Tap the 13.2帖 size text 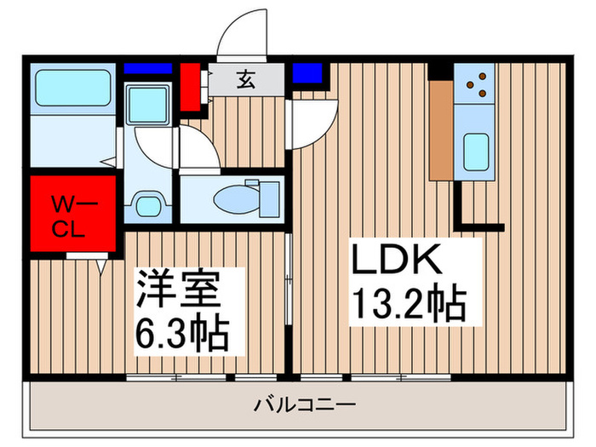click(407, 304)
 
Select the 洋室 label click(179, 289)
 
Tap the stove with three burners click(475, 83)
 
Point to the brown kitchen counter click(440, 129)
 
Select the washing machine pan click(150, 105)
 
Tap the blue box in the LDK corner click(303, 72)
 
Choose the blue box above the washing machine click(148, 68)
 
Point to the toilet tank click(267, 198)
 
